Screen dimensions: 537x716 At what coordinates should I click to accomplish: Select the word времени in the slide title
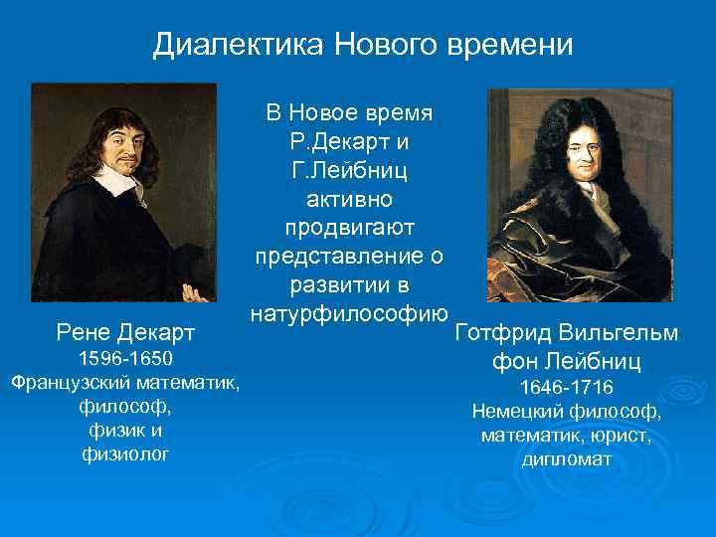tap(509, 45)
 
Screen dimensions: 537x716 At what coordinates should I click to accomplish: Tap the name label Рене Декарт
tap(126, 329)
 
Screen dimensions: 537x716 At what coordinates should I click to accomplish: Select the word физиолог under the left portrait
tap(125, 454)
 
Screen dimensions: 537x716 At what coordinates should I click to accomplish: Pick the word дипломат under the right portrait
tap(567, 459)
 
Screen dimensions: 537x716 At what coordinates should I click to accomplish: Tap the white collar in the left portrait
tap(119, 185)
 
